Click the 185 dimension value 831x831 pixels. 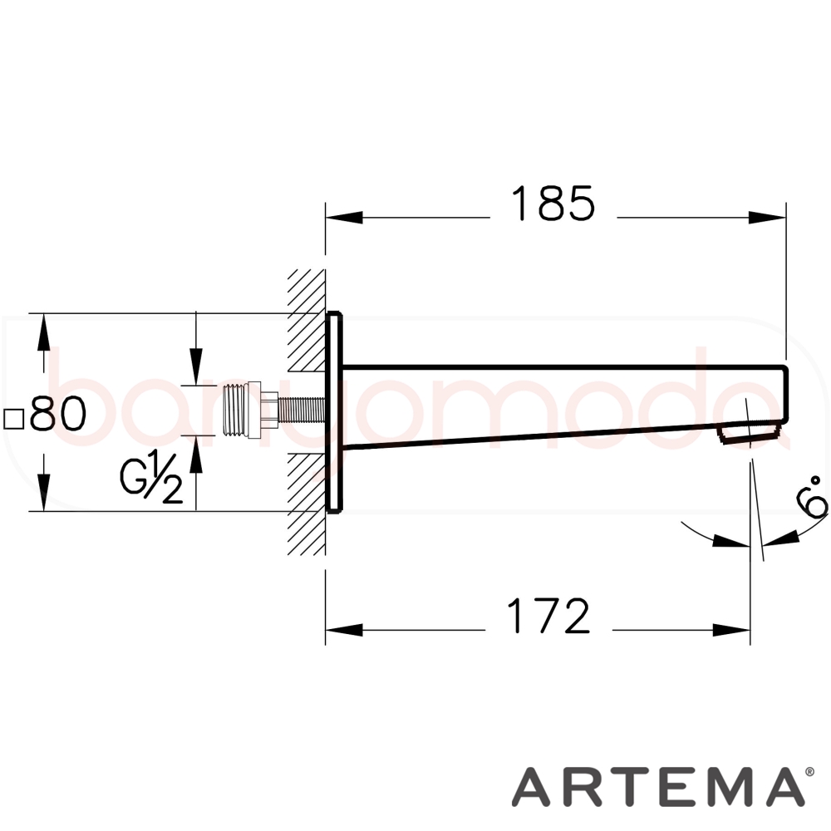point(553,204)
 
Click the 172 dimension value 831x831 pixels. point(548,616)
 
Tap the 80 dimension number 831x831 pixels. point(58,413)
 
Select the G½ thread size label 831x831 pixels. point(151,478)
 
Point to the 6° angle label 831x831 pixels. point(812,495)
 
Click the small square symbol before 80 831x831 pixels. point(14,419)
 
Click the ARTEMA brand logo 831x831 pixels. point(656,786)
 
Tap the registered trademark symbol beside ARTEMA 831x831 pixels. point(809,772)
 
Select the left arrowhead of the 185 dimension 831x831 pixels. point(344,217)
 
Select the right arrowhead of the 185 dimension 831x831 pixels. point(767,217)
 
